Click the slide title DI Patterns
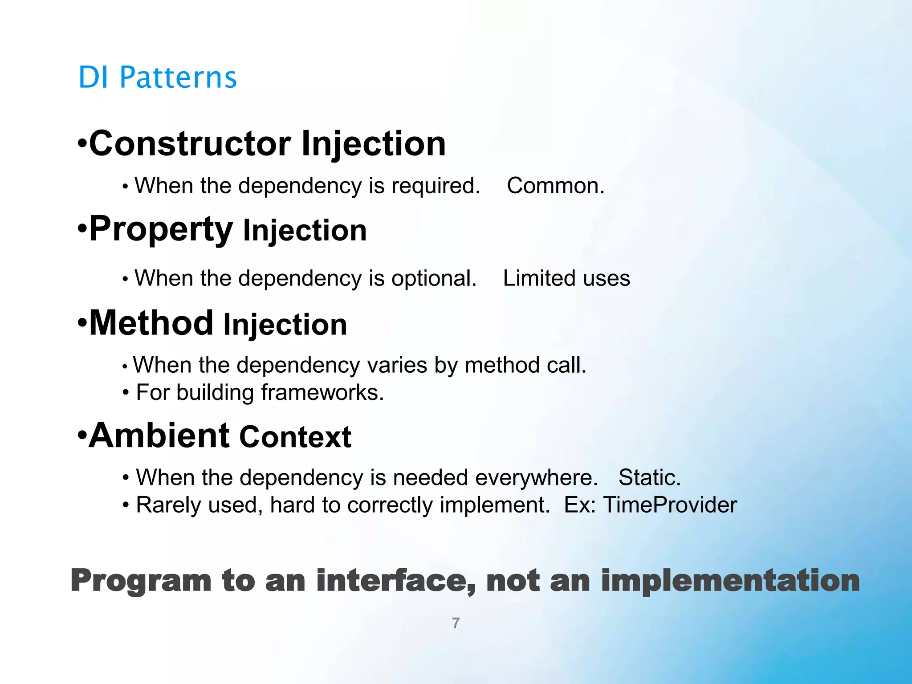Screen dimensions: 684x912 [157, 77]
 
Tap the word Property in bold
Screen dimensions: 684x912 [161, 229]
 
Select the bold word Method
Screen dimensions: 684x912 [151, 323]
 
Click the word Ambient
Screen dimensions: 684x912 [159, 435]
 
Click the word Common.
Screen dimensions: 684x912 [555, 185]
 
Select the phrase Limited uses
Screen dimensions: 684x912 [566, 278]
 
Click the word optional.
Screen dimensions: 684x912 [434, 279]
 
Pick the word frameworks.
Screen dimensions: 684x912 [322, 392]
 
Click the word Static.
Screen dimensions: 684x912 [649, 477]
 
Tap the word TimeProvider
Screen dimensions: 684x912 [670, 505]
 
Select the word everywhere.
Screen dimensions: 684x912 [536, 478]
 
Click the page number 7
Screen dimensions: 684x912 [456, 623]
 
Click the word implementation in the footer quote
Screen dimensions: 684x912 [730, 581]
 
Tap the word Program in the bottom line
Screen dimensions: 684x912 [141, 581]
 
